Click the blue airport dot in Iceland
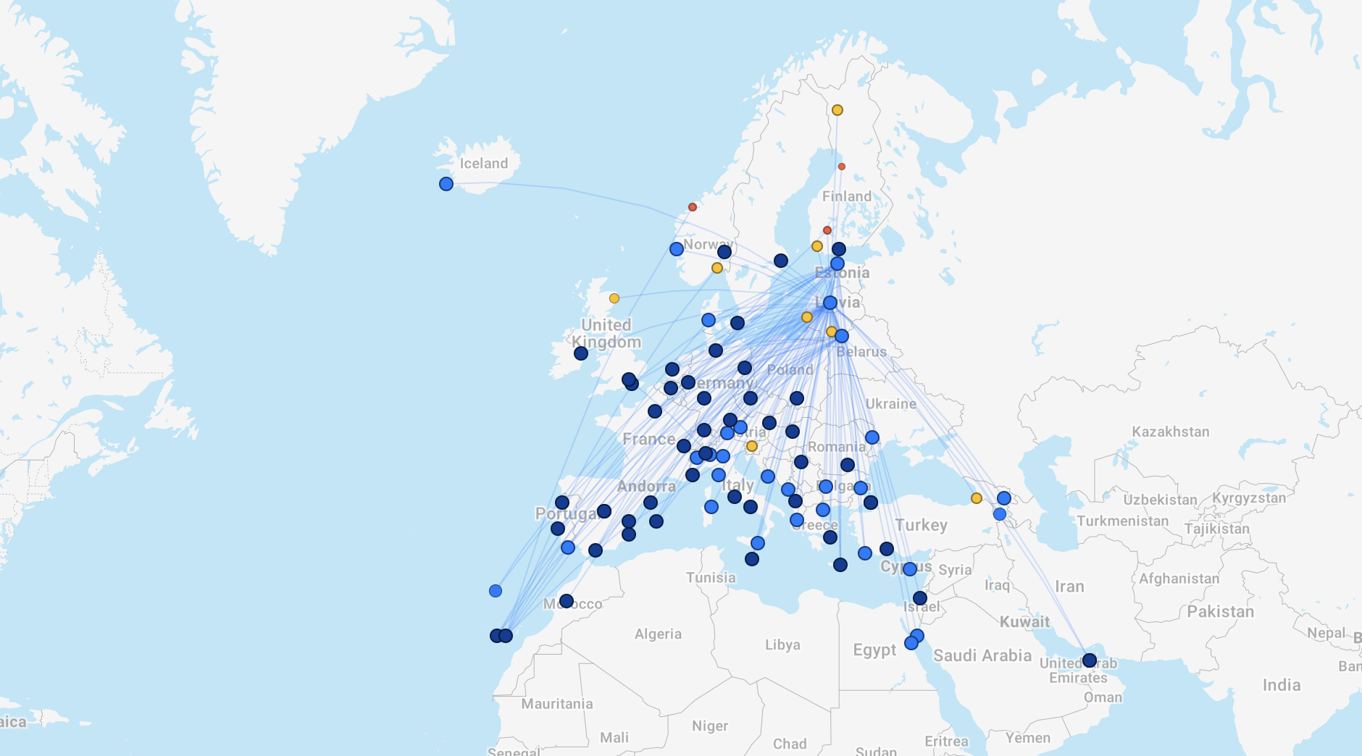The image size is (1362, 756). (446, 184)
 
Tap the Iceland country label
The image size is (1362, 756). (483, 164)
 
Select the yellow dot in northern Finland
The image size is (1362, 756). (837, 110)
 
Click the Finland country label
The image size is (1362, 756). (846, 196)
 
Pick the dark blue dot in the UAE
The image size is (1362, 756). (1089, 660)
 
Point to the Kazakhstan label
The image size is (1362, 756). (1170, 432)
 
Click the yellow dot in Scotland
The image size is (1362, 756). (614, 298)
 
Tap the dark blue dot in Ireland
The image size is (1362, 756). (581, 353)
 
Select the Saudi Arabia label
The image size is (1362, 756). (982, 655)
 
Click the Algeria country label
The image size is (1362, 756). (658, 634)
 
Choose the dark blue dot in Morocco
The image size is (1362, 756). (567, 601)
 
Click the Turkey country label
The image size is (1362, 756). (921, 525)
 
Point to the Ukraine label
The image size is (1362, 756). (890, 404)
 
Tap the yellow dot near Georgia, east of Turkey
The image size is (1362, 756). (977, 498)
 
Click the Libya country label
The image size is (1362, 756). (782, 644)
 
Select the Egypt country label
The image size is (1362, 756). (874, 650)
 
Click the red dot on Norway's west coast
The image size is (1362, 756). (693, 207)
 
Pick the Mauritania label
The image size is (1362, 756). (556, 704)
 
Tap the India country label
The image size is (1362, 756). (1281, 685)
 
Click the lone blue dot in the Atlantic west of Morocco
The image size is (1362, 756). (496, 591)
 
